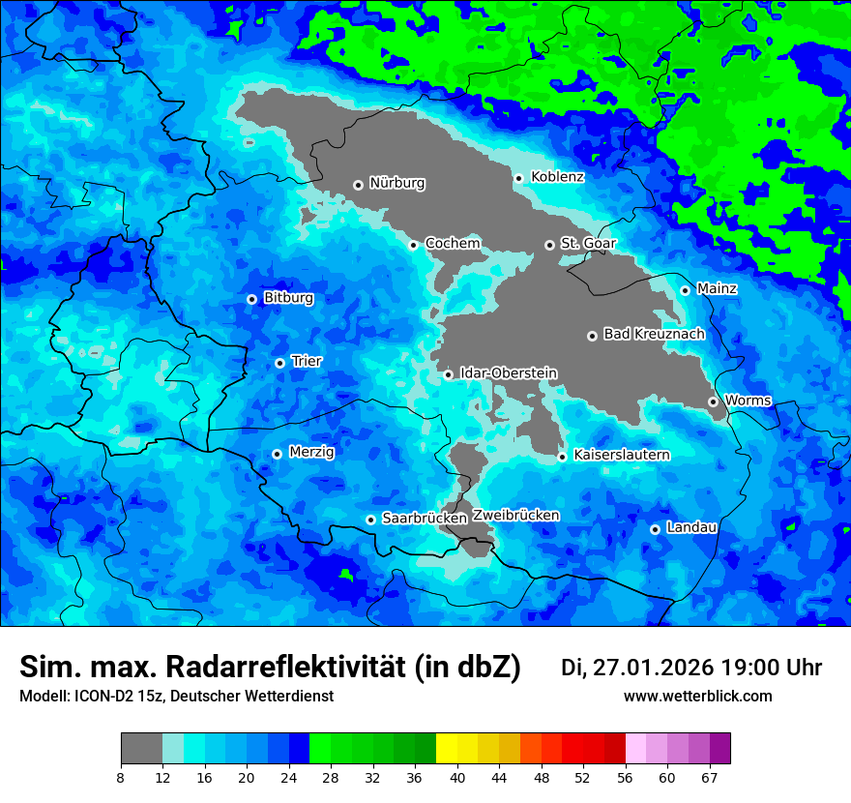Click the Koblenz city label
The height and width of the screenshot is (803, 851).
click(558, 177)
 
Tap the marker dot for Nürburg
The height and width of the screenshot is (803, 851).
click(358, 184)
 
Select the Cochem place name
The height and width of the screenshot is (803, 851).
click(453, 244)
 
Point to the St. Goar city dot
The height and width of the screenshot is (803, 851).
click(549, 245)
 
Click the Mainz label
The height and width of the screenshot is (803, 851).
click(717, 288)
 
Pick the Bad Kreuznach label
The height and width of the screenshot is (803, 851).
click(654, 334)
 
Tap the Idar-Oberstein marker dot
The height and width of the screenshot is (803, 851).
click(449, 374)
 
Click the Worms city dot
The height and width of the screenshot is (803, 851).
click(713, 401)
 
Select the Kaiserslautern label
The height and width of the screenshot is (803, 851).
click(621, 455)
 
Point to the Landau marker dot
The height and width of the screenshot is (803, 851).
click(655, 529)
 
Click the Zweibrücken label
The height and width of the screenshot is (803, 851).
click(516, 516)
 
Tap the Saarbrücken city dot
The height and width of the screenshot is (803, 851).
click(370, 520)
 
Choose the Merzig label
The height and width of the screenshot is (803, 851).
click(311, 452)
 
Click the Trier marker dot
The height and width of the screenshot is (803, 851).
click(279, 363)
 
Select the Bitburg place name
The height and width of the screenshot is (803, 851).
click(288, 298)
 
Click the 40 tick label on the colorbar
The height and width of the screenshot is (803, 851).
click(457, 778)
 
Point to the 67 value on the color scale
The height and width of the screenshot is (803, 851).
click(710, 778)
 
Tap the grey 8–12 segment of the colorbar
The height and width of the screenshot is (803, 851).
click(141, 749)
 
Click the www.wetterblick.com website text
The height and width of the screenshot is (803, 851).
click(697, 697)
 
